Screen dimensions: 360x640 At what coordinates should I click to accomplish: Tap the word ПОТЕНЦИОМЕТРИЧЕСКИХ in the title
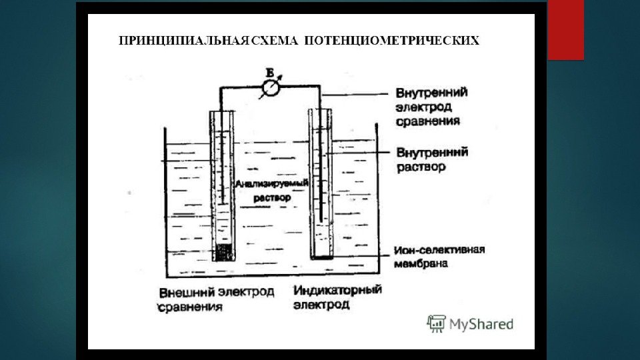point(391,42)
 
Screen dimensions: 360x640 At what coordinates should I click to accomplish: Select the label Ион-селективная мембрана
point(437,257)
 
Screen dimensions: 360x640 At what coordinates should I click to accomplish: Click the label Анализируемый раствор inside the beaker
point(265,189)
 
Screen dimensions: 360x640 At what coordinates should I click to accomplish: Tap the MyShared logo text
point(480,325)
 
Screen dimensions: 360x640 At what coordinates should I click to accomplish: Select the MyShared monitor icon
point(436,324)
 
